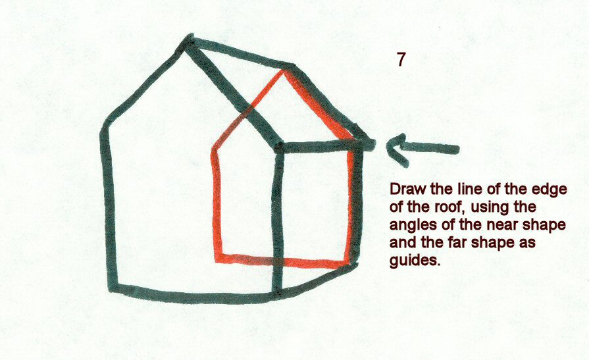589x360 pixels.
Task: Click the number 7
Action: pos(401,59)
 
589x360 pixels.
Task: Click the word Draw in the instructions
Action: pos(404,189)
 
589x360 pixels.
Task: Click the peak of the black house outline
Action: pos(188,43)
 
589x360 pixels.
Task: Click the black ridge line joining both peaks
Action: pos(237,56)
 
